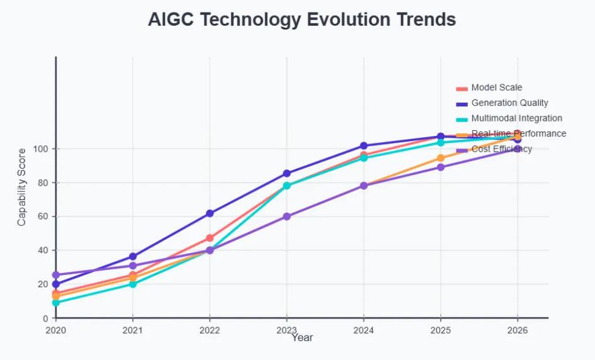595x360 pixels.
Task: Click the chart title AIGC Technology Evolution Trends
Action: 302,20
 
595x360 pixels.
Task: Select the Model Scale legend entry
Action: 496,87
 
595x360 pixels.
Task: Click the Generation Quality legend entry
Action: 509,103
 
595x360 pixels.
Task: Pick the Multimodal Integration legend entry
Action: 516,118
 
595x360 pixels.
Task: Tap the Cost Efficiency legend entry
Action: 501,149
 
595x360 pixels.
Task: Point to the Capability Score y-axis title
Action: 22,187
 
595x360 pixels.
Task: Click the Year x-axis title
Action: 302,338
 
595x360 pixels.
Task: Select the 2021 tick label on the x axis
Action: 133,329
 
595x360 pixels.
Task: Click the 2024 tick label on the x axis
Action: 363,329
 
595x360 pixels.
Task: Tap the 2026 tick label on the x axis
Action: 518,329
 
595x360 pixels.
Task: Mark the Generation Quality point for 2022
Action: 210,213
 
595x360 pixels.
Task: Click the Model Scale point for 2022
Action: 210,238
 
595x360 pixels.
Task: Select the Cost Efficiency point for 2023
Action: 286,216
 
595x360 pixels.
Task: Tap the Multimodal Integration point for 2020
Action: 56,303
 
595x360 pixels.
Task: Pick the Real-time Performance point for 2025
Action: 441,158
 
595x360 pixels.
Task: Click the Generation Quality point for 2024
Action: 363,145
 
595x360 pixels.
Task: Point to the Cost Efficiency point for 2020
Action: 56,275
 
